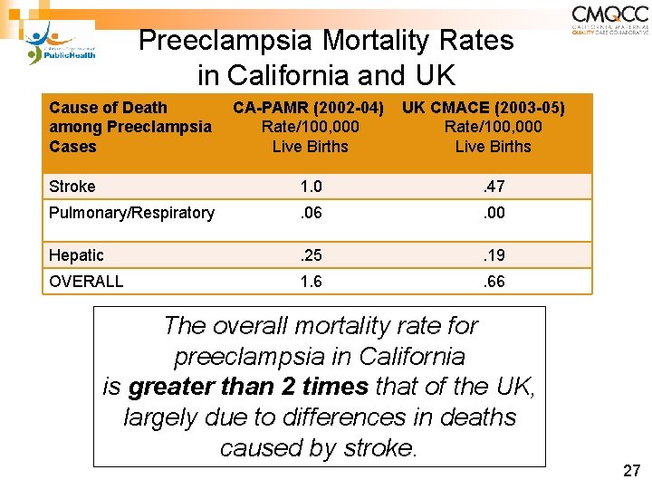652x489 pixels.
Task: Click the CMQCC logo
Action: click(x=609, y=20)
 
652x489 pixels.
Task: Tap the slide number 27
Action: click(x=631, y=471)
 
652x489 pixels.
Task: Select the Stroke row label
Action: click(x=72, y=187)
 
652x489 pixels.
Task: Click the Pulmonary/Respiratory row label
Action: click(x=131, y=213)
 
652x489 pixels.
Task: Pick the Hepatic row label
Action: click(x=76, y=255)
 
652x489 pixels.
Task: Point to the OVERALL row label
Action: click(x=86, y=282)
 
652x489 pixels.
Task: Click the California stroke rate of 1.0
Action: click(x=311, y=187)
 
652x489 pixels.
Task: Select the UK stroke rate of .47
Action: click(x=494, y=187)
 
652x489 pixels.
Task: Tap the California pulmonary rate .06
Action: click(x=311, y=213)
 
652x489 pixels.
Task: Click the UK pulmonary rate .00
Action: click(x=494, y=213)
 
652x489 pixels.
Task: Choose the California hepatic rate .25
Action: click(x=311, y=255)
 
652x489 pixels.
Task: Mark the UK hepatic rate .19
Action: click(x=494, y=255)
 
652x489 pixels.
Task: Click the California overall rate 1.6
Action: click(x=311, y=282)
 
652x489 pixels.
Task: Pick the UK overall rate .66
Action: click(x=494, y=282)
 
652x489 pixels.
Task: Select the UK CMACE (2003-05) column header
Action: click(x=484, y=109)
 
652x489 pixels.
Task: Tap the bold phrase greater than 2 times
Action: click(x=248, y=387)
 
